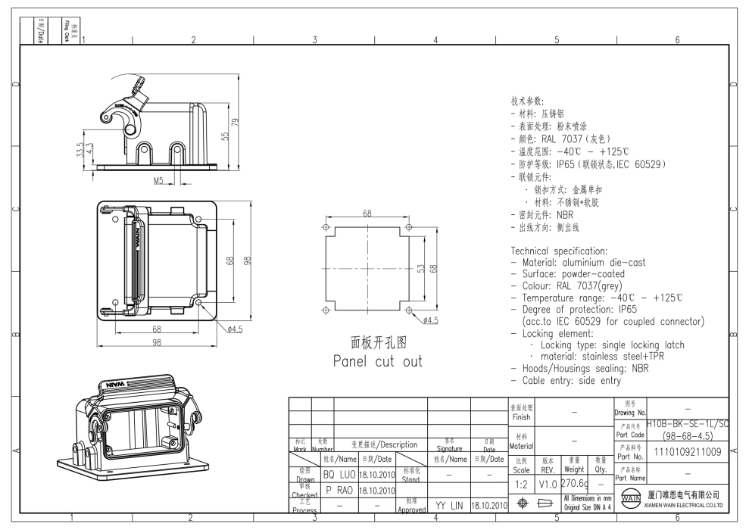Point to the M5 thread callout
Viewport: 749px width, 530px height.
(160, 181)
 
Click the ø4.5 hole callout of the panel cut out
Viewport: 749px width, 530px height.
(430, 321)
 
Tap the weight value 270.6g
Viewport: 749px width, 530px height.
(573, 482)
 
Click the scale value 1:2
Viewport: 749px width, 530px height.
(521, 482)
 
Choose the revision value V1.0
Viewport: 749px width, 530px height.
(548, 482)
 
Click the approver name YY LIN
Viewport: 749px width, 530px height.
(449, 504)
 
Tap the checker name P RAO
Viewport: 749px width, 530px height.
(339, 489)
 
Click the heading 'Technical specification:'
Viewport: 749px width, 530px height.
(560, 251)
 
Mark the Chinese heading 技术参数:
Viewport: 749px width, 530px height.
(532, 101)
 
